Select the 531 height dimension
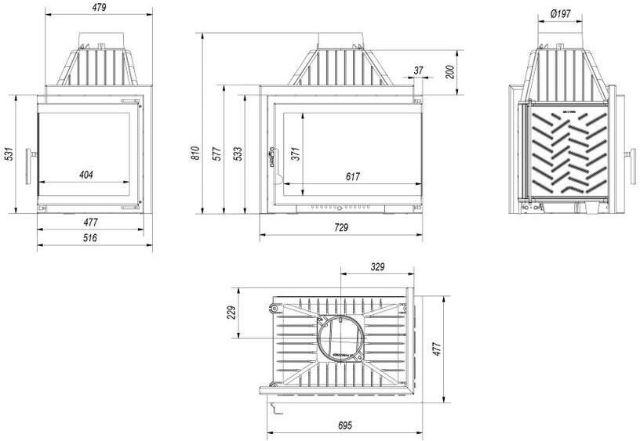tap(9, 154)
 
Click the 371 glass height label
tap(296, 154)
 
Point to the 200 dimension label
tap(449, 72)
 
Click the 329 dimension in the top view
tap(377, 267)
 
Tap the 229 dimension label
tap(231, 312)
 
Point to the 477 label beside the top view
tap(438, 347)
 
